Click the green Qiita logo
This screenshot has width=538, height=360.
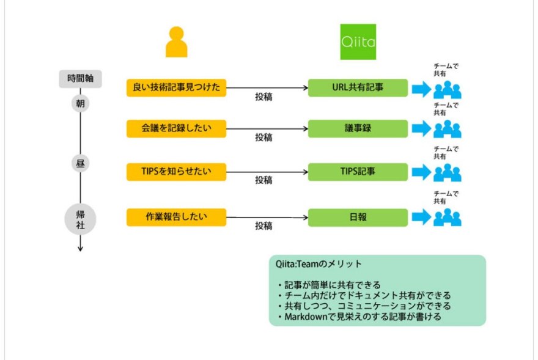pos(358,42)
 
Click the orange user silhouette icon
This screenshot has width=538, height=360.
pos(176,42)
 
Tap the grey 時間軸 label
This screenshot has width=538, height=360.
pos(80,79)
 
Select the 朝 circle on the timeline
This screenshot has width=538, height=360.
pos(80,103)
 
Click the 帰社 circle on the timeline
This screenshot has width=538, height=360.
pos(80,219)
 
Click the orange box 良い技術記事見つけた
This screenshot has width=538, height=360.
pos(176,87)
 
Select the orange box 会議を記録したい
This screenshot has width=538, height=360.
pos(176,129)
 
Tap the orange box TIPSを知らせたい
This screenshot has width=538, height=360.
pos(176,172)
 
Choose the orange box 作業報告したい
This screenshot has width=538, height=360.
pos(176,217)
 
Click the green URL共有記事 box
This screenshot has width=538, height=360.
pos(358,87)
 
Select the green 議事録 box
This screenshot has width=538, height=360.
pos(358,129)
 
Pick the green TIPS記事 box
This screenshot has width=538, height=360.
pos(358,172)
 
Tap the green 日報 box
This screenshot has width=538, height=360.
pos(358,217)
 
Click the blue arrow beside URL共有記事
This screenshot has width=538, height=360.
pos(421,89)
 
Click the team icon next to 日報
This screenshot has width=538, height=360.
pos(447,218)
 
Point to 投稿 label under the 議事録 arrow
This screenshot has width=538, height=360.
pos(264,138)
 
